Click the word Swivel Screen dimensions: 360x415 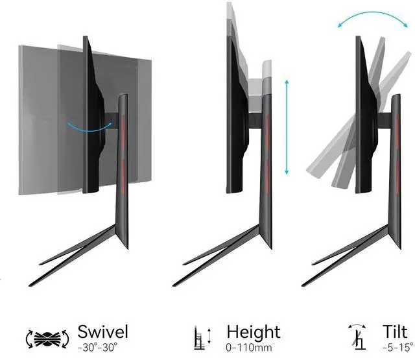tap(102, 332)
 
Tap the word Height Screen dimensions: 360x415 tap(254, 332)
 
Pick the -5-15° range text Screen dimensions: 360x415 tap(397, 347)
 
